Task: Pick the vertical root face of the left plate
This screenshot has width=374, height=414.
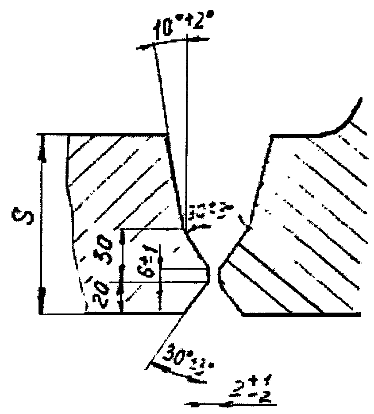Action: pos(210,274)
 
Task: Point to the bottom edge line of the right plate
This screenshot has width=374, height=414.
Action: pos(301,314)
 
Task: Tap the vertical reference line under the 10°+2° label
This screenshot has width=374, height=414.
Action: pos(187,133)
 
